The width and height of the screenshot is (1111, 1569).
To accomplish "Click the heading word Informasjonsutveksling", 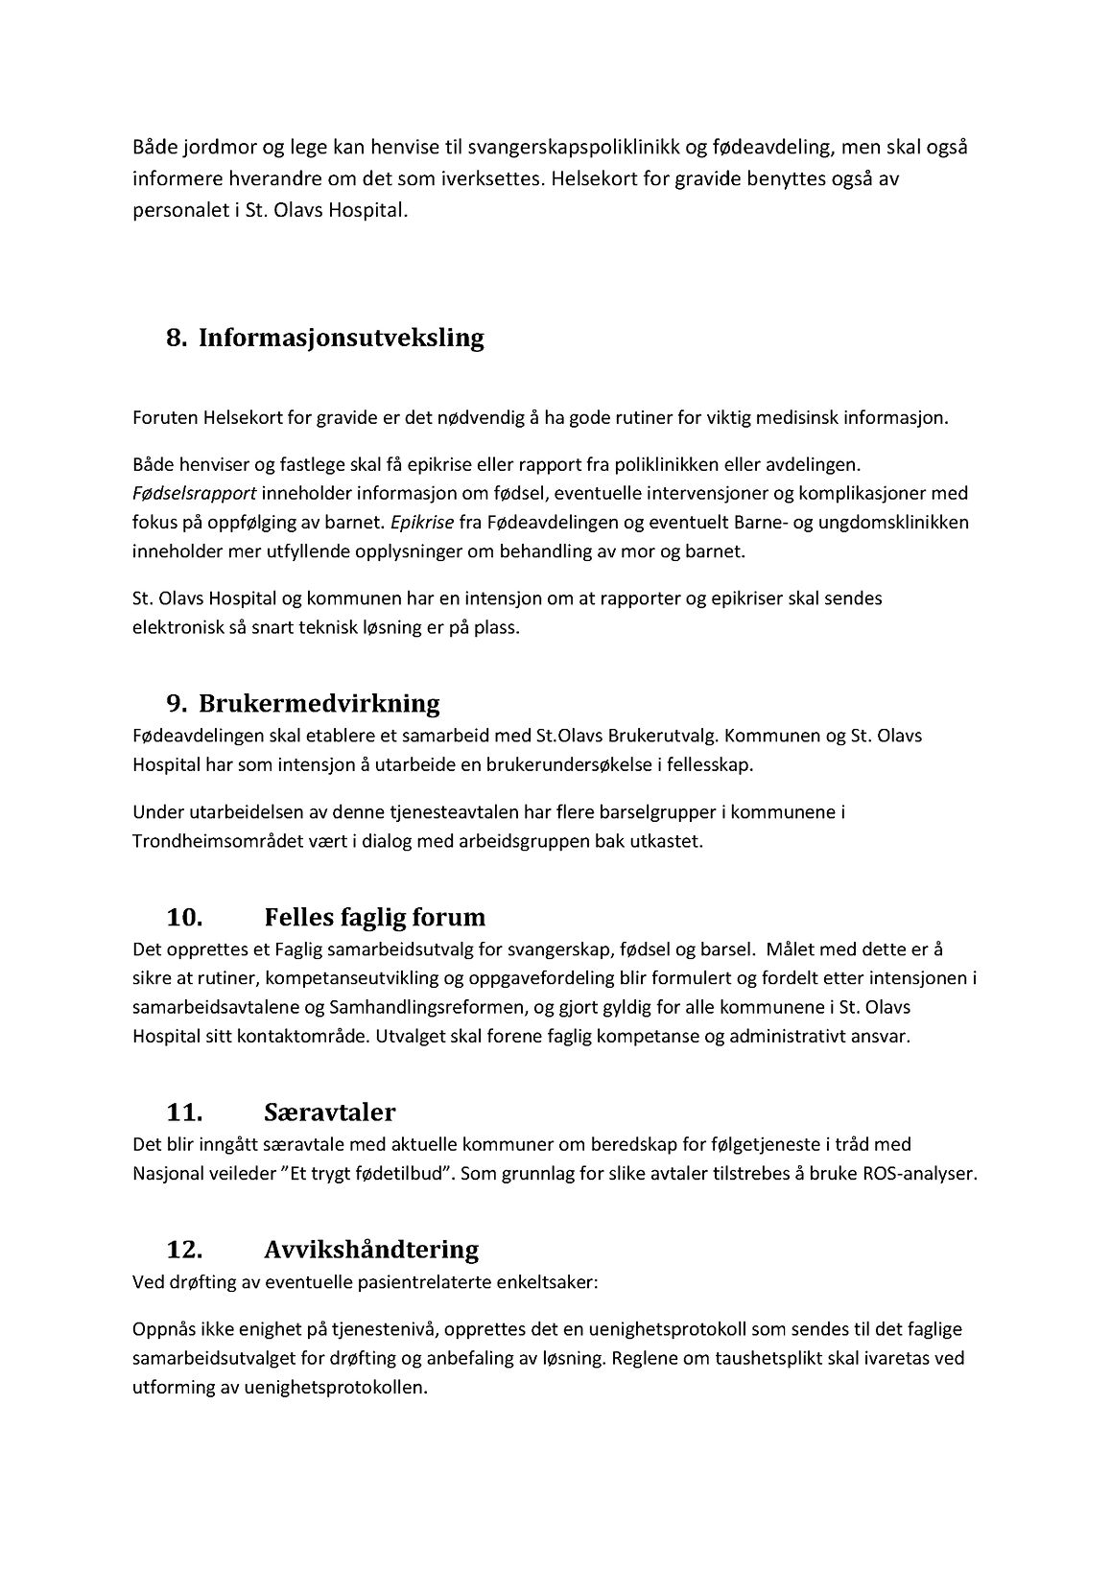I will point(341,339).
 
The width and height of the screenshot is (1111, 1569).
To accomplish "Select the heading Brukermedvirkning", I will point(319,703).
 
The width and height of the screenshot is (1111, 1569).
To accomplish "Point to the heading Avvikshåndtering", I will point(370,1249).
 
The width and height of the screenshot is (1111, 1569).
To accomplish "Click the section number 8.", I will point(176,339).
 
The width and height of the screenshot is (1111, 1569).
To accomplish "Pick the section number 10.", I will point(184,917).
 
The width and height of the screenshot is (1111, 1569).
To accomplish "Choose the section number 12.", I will point(184,1249).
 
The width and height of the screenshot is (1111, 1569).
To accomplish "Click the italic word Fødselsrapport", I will point(191,494).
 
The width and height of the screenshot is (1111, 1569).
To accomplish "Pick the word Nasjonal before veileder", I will point(166,1174).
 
